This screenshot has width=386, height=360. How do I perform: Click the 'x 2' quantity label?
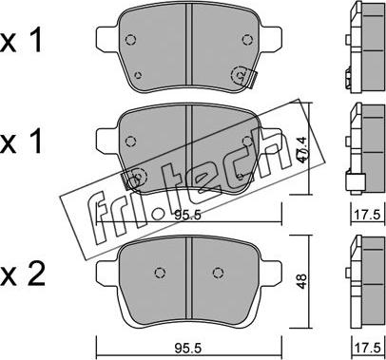(x=22, y=275)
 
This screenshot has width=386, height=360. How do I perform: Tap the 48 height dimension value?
(x=302, y=281)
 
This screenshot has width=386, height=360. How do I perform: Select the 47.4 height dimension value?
(x=302, y=149)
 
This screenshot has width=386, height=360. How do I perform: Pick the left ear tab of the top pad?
(x=107, y=39)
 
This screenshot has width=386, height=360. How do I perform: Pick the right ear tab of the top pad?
(x=270, y=39)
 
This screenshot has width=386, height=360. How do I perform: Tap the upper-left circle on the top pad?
(x=130, y=40)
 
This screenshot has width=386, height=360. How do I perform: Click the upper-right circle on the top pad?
(x=247, y=40)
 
